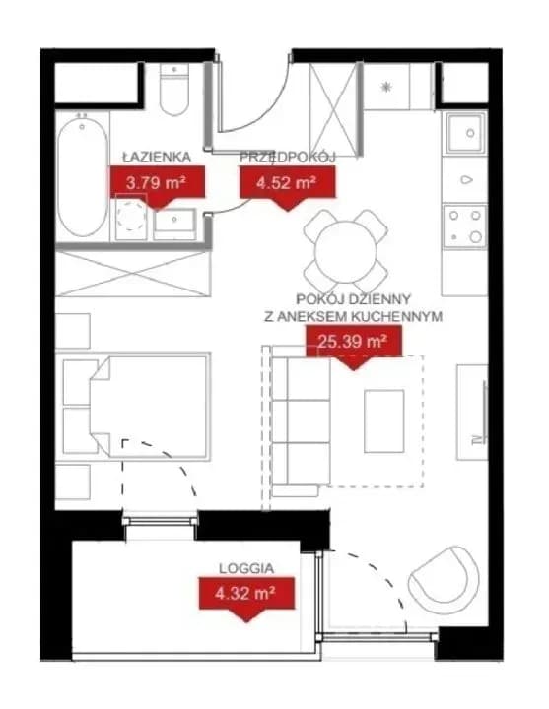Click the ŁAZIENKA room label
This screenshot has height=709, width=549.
click(x=157, y=157)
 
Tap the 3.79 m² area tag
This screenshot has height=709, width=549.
click(x=157, y=183)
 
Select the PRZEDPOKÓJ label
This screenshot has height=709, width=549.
click(x=287, y=158)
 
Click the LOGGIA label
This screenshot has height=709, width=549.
click(x=246, y=568)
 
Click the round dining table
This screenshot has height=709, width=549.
click(x=346, y=251)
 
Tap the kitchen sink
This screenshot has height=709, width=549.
click(x=465, y=133)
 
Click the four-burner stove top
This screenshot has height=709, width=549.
click(x=465, y=226)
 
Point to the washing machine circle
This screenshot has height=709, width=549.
click(x=131, y=216)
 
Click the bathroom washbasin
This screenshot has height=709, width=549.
click(x=174, y=224)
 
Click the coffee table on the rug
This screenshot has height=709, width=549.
click(x=383, y=421)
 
